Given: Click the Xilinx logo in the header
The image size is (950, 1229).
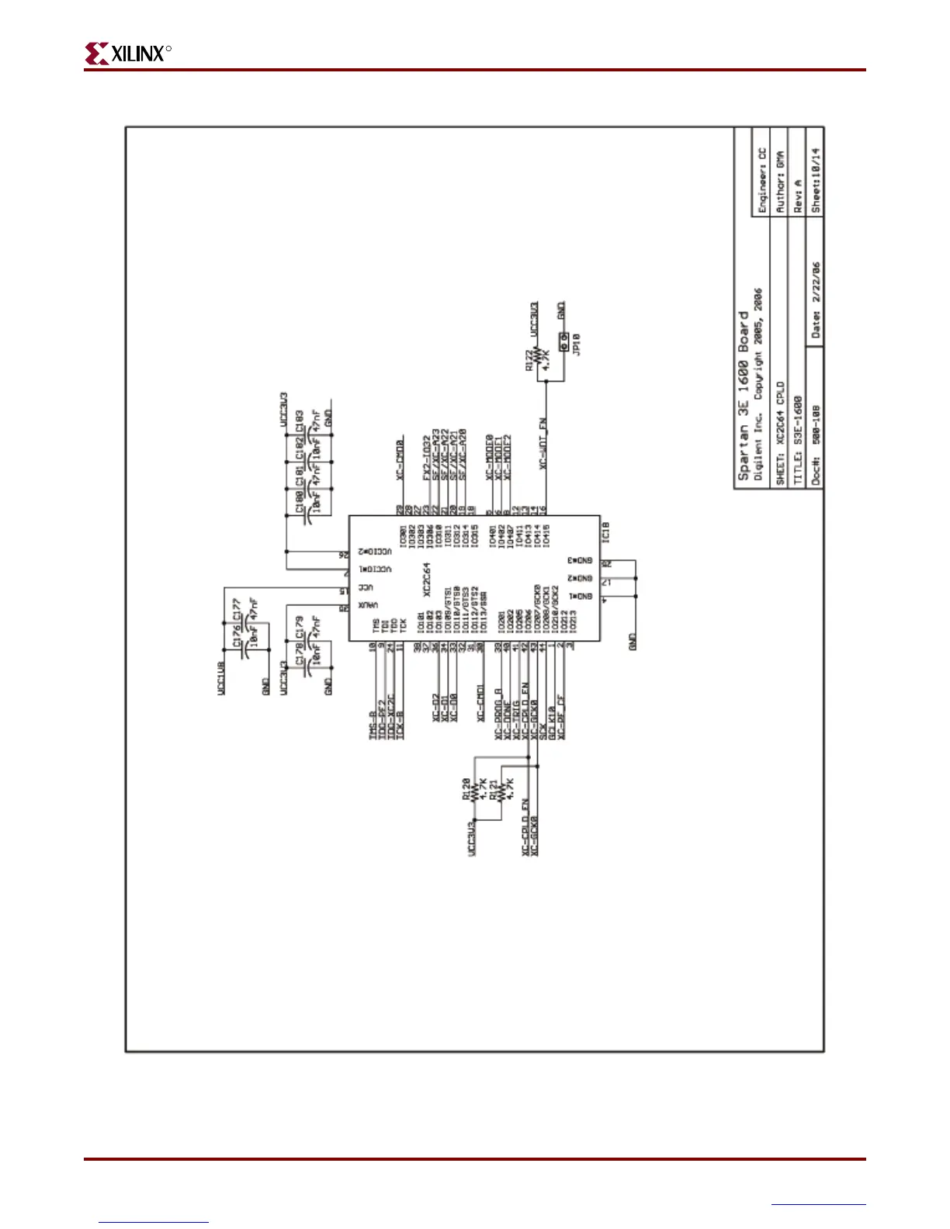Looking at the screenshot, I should pyautogui.click(x=127, y=54).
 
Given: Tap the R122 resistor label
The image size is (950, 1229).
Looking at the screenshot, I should pyautogui.click(x=530, y=359).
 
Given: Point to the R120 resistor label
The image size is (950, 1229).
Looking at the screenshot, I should pyautogui.click(x=466, y=789).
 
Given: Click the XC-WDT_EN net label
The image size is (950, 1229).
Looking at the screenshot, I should pyautogui.click(x=544, y=444).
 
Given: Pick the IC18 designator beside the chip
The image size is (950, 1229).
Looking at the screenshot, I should pyautogui.click(x=606, y=531).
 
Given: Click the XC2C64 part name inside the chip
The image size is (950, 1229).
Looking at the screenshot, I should pyautogui.click(x=426, y=580).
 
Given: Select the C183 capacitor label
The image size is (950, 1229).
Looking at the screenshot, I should pyautogui.click(x=300, y=420).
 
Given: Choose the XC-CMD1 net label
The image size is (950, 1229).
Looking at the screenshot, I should pyautogui.click(x=480, y=702).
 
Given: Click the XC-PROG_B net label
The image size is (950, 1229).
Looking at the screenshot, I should pyautogui.click(x=499, y=714).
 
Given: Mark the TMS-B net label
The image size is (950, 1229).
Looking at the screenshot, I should pyautogui.click(x=373, y=725).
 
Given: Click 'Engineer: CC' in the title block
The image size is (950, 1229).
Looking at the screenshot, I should pyautogui.click(x=762, y=180).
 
